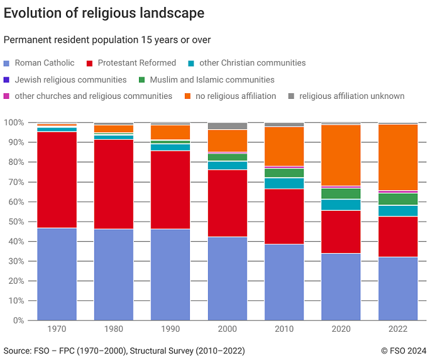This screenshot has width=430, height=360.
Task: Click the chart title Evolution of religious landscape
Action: coord(104,13)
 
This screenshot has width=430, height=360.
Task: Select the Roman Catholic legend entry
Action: coord(44,63)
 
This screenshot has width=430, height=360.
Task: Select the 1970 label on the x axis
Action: coord(57,329)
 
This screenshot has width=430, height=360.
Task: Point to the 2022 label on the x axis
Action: coord(397,329)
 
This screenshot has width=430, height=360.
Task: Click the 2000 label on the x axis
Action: coord(227,329)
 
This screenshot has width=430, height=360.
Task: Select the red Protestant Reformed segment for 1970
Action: coord(57,180)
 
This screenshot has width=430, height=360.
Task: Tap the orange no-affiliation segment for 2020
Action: coord(341,155)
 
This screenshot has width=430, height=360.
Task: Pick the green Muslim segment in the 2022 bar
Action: coord(397,199)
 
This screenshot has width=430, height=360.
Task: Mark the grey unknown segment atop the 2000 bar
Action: coord(227,126)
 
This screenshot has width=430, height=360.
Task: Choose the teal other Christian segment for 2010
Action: coord(284,183)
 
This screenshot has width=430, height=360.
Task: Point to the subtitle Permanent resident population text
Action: coord(107,40)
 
